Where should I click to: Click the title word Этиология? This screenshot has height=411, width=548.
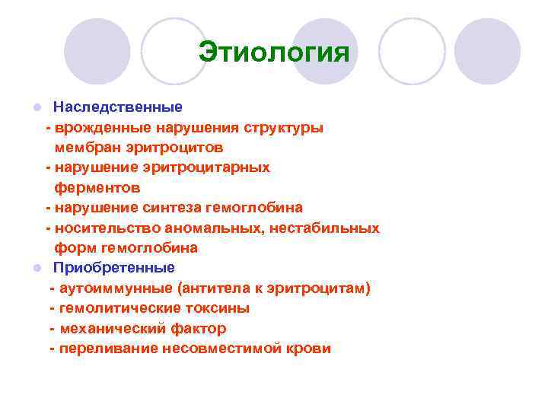[x=273, y=53]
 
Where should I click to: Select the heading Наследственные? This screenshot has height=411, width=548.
[x=117, y=107]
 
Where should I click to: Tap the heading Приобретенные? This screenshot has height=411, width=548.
[x=113, y=268]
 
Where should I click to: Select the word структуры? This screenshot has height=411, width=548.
[x=283, y=127]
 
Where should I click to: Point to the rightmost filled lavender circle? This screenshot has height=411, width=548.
[x=487, y=52]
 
